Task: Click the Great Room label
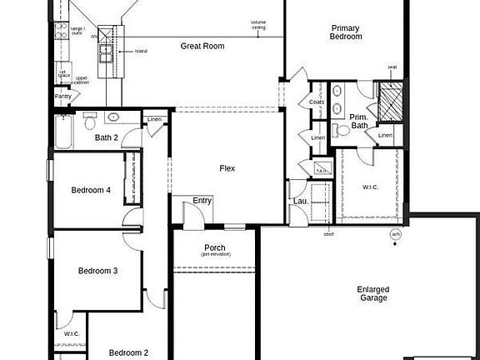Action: (202, 47)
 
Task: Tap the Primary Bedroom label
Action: (346, 32)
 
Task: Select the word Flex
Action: (227, 168)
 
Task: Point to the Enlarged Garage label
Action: (373, 293)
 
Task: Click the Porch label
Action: (214, 248)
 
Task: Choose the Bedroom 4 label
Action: (91, 190)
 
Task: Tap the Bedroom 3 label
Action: (97, 271)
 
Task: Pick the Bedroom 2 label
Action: (128, 352)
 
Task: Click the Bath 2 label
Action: (106, 137)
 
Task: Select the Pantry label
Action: (63, 97)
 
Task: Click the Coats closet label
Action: (317, 102)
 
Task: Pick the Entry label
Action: (202, 201)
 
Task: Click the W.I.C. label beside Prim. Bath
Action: (371, 187)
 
